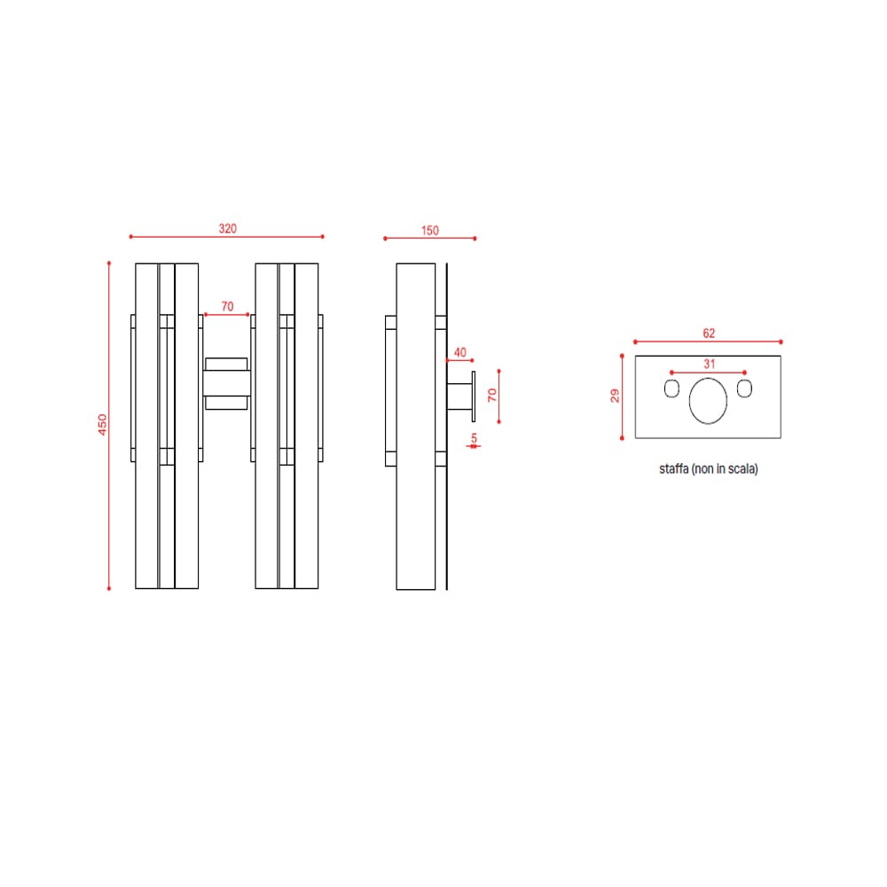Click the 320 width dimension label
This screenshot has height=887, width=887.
[227, 229]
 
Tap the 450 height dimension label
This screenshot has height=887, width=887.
[102, 425]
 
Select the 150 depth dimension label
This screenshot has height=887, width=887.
[430, 231]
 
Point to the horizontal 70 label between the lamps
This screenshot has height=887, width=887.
[227, 306]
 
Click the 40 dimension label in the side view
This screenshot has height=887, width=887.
[459, 352]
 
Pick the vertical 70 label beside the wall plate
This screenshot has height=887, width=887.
[492, 395]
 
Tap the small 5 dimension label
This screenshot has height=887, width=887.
[474, 438]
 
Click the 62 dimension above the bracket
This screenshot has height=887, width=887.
[709, 334]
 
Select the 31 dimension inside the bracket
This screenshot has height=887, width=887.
[710, 364]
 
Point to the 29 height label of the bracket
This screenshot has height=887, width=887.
[615, 396]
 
